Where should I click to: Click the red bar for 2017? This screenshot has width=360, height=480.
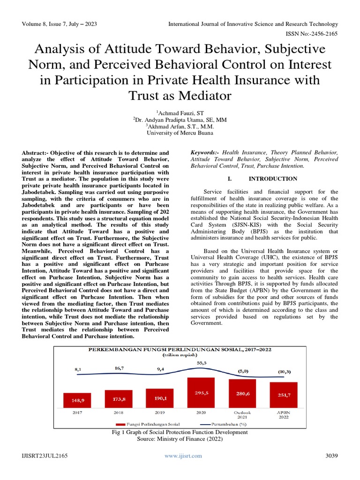pos(77,400)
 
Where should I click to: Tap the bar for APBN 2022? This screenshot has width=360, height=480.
pos(284,395)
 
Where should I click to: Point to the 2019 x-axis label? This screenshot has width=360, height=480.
pos(160,413)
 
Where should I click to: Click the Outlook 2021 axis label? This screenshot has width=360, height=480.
pos(242,415)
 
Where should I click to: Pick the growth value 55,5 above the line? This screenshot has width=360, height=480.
pos(202,363)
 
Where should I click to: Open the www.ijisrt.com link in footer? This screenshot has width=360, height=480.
pos(183,456)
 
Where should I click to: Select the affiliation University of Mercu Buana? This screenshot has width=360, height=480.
pos(180,133)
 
